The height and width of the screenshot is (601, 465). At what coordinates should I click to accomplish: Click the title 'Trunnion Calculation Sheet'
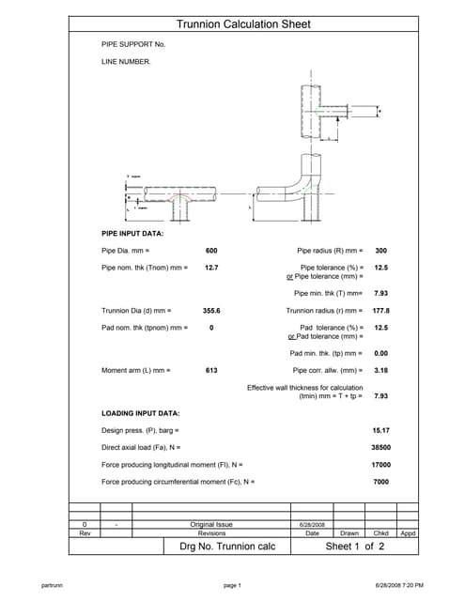pos(242,24)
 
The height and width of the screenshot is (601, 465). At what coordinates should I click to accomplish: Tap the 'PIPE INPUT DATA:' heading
pos(132,232)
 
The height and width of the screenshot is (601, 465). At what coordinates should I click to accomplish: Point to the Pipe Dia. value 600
pos(211,251)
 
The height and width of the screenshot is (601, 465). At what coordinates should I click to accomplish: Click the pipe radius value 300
pos(380,251)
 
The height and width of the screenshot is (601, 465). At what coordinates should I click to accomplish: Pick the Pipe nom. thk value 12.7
pos(211,268)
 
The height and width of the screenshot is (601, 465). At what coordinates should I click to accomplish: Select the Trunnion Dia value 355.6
pos(211,310)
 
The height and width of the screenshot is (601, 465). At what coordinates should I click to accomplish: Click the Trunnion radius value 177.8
pos(380,310)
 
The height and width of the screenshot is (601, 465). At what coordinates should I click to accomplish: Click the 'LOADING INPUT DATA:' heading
pos(140,413)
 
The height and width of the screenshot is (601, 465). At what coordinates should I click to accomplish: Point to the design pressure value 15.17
pos(380,430)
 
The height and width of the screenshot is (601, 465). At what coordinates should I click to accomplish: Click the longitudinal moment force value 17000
pos(380,464)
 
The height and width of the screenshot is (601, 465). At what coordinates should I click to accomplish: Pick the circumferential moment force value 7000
pos(380,481)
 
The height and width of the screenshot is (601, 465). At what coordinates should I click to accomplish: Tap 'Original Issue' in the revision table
pos(211,524)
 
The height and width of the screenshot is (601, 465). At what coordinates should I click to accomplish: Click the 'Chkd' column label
pos(380,532)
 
